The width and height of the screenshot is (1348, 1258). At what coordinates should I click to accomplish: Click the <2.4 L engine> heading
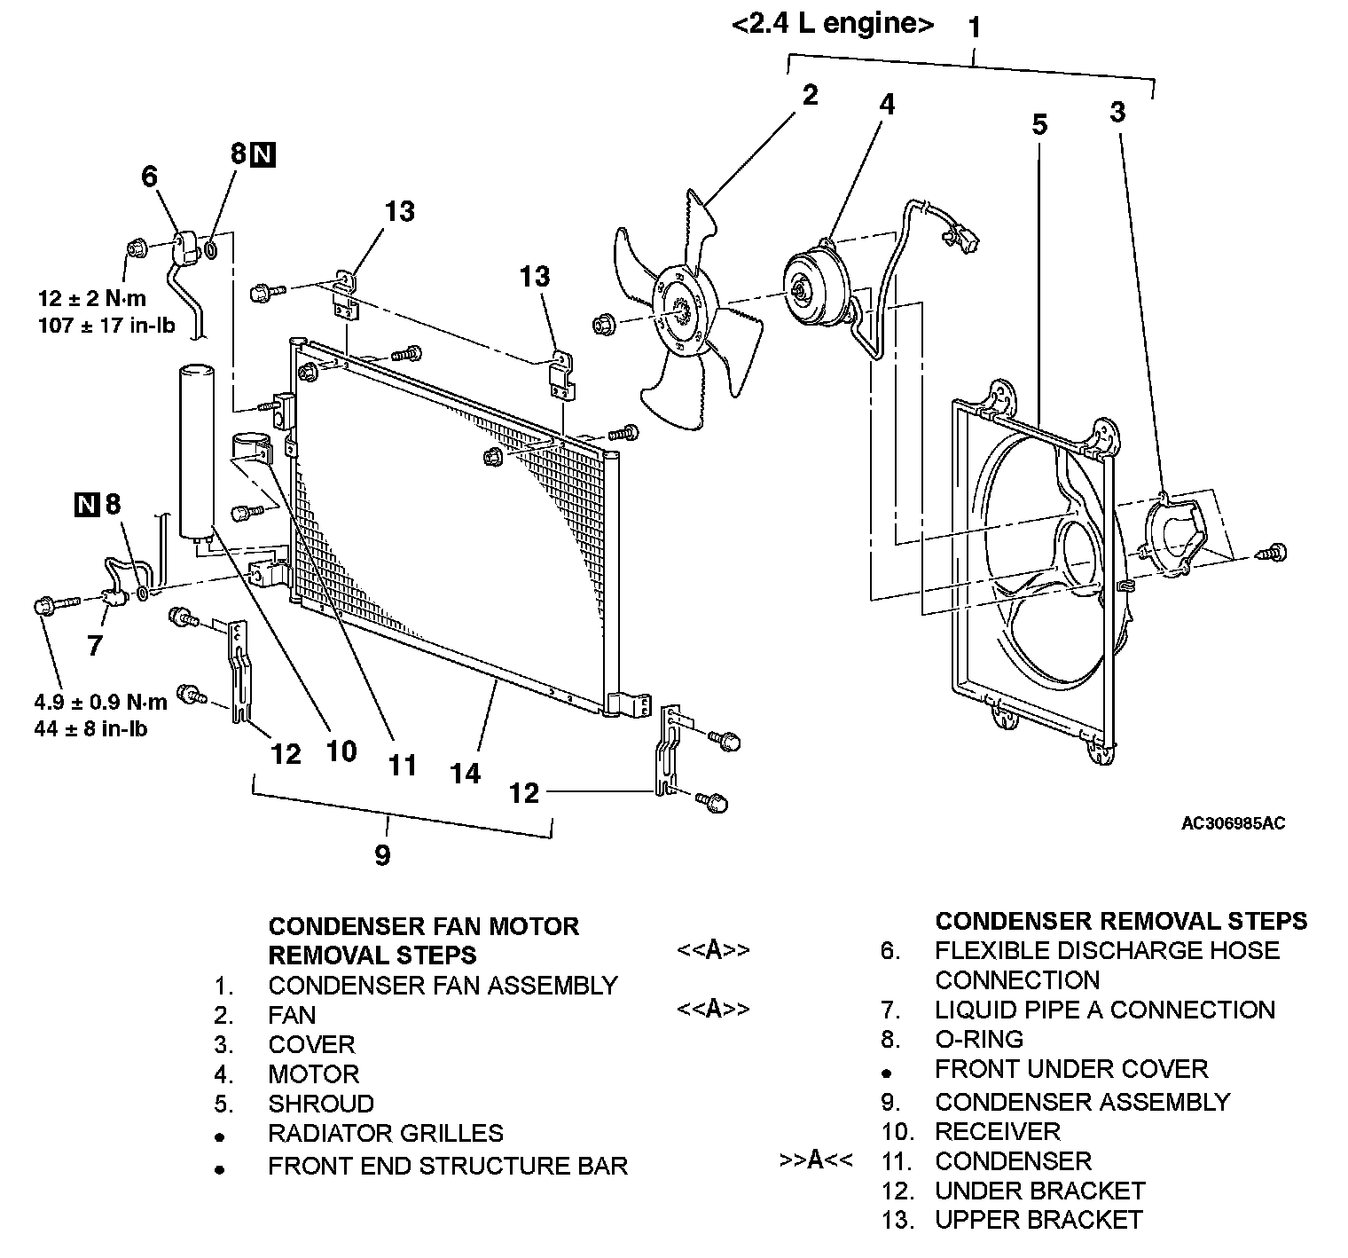(833, 25)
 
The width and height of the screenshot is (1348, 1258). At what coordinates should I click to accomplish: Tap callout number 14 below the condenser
(465, 773)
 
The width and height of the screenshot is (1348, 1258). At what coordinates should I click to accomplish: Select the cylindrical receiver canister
(197, 448)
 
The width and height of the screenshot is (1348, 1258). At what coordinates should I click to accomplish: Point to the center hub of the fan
(677, 304)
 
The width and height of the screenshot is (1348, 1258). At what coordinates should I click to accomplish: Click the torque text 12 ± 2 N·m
(92, 299)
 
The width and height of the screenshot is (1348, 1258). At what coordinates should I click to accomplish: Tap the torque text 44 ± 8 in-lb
(91, 729)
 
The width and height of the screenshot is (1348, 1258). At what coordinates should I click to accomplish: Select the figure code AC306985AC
(1233, 823)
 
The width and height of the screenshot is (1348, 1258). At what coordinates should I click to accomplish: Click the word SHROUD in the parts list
(321, 1104)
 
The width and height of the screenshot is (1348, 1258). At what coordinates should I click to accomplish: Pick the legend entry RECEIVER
(998, 1131)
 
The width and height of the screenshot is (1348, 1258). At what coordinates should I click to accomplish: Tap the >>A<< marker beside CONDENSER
(816, 1160)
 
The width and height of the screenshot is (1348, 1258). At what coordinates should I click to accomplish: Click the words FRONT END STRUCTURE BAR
(448, 1166)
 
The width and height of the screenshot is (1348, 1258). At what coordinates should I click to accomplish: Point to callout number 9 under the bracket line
(382, 855)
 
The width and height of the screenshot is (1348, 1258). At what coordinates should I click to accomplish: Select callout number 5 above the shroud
(1039, 125)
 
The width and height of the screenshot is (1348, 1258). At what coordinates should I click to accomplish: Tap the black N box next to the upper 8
(263, 154)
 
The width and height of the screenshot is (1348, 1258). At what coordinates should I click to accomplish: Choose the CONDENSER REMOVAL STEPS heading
(1121, 921)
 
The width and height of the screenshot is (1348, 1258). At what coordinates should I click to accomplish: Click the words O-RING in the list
(979, 1039)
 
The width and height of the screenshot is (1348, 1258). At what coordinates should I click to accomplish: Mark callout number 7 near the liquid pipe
(95, 645)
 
